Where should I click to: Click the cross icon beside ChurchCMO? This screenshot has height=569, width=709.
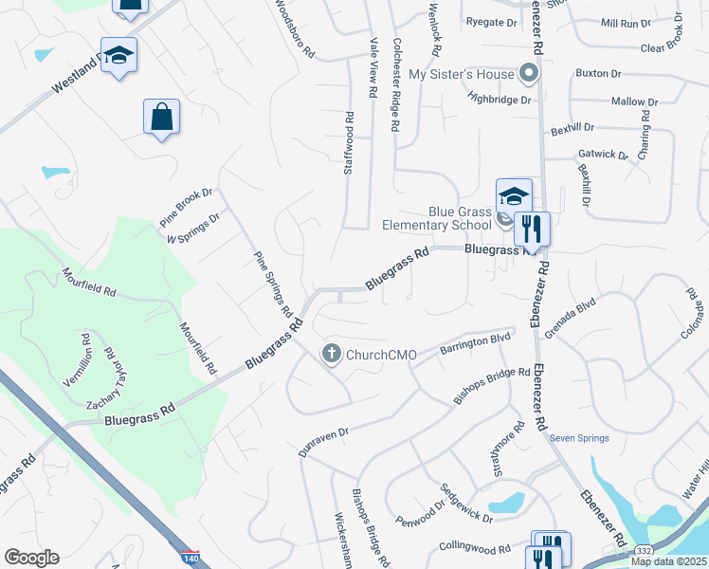[x=332, y=354]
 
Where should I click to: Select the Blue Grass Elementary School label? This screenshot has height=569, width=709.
[x=436, y=218]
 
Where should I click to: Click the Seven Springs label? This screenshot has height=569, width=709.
[x=579, y=438]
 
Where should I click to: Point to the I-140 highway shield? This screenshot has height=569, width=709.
[x=190, y=557]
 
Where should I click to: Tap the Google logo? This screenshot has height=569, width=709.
[x=31, y=558]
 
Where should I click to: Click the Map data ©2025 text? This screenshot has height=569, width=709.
[x=668, y=561]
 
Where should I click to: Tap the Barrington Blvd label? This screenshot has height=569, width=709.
[x=476, y=343]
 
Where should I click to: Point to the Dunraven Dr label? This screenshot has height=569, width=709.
[x=324, y=442]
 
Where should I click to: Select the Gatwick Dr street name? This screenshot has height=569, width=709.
[x=603, y=154]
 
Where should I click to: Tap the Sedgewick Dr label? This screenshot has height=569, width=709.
[x=465, y=505]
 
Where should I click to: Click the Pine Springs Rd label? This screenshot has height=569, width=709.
[x=271, y=283]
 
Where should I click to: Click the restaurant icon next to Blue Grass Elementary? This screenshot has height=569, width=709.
[x=532, y=229]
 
